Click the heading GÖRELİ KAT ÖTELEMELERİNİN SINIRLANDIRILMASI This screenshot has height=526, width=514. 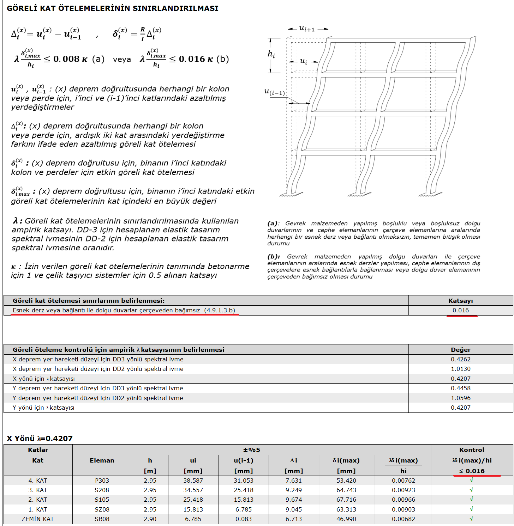(113, 8)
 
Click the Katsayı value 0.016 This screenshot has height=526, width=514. (461, 310)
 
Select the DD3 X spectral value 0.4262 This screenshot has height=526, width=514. (461, 359)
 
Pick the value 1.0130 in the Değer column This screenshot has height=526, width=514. (461, 369)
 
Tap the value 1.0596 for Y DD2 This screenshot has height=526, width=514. (461, 398)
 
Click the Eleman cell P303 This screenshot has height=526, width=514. (102, 481)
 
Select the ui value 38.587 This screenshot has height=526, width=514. (193, 481)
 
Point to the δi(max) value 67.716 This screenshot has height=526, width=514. (346, 500)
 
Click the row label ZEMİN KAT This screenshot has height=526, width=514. (38, 519)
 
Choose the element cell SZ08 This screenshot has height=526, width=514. (102, 509)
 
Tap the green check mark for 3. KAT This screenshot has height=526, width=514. (472, 490)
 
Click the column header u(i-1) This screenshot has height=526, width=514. (244, 460)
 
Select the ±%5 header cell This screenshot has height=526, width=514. (252, 450)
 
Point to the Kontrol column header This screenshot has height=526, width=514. (472, 450)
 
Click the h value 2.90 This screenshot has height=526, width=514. (150, 519)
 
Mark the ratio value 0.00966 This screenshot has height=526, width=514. (404, 500)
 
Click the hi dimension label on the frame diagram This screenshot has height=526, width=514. (271, 54)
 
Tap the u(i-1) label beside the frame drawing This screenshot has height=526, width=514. (274, 92)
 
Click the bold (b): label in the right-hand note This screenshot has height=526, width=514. (274, 257)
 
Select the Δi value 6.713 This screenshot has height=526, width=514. (294, 519)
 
